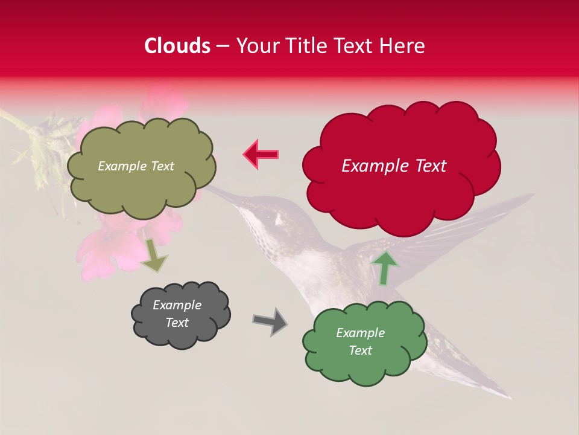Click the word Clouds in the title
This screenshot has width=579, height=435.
[177, 46]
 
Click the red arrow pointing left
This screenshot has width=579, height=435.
[261, 154]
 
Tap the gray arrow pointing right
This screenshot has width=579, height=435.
[270, 321]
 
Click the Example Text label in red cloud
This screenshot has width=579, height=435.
[394, 166]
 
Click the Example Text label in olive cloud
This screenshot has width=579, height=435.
[136, 166]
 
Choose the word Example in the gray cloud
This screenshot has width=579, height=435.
[177, 305]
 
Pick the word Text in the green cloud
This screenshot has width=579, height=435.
[360, 350]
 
